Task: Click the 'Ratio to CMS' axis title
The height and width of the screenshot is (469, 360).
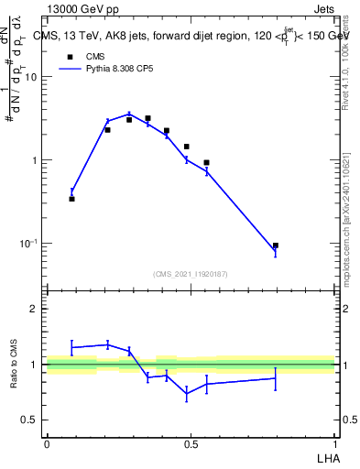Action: click(14, 365)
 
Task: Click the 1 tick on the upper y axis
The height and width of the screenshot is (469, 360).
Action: click(35, 160)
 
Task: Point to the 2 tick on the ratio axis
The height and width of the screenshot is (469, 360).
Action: click(36, 309)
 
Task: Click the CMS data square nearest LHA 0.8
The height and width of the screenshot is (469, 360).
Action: click(275, 245)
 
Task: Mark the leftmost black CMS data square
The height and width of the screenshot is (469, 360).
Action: click(71, 198)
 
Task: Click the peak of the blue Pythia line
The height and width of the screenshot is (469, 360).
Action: click(129, 114)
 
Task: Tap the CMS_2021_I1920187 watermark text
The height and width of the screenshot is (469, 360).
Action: click(191, 273)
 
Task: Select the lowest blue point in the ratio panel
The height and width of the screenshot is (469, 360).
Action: click(186, 395)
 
